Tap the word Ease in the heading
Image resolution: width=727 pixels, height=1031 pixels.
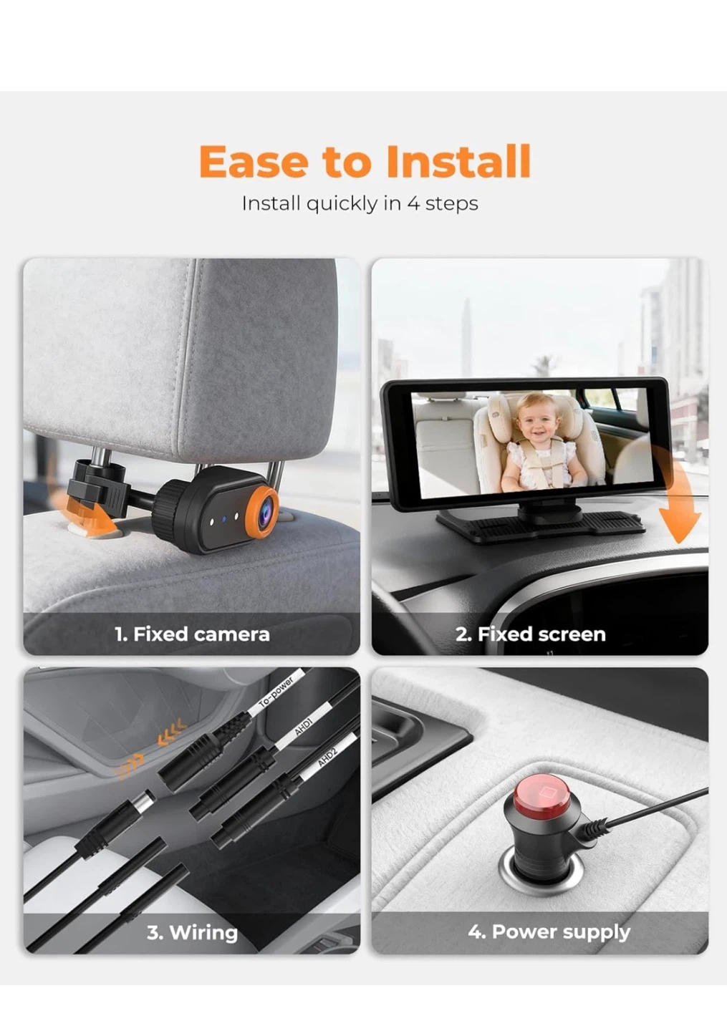254,162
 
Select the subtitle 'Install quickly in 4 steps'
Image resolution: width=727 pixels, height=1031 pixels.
360,203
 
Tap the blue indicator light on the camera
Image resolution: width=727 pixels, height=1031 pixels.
223,519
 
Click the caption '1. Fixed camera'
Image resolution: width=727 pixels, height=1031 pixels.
193,634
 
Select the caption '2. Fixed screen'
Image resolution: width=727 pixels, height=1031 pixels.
531,634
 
